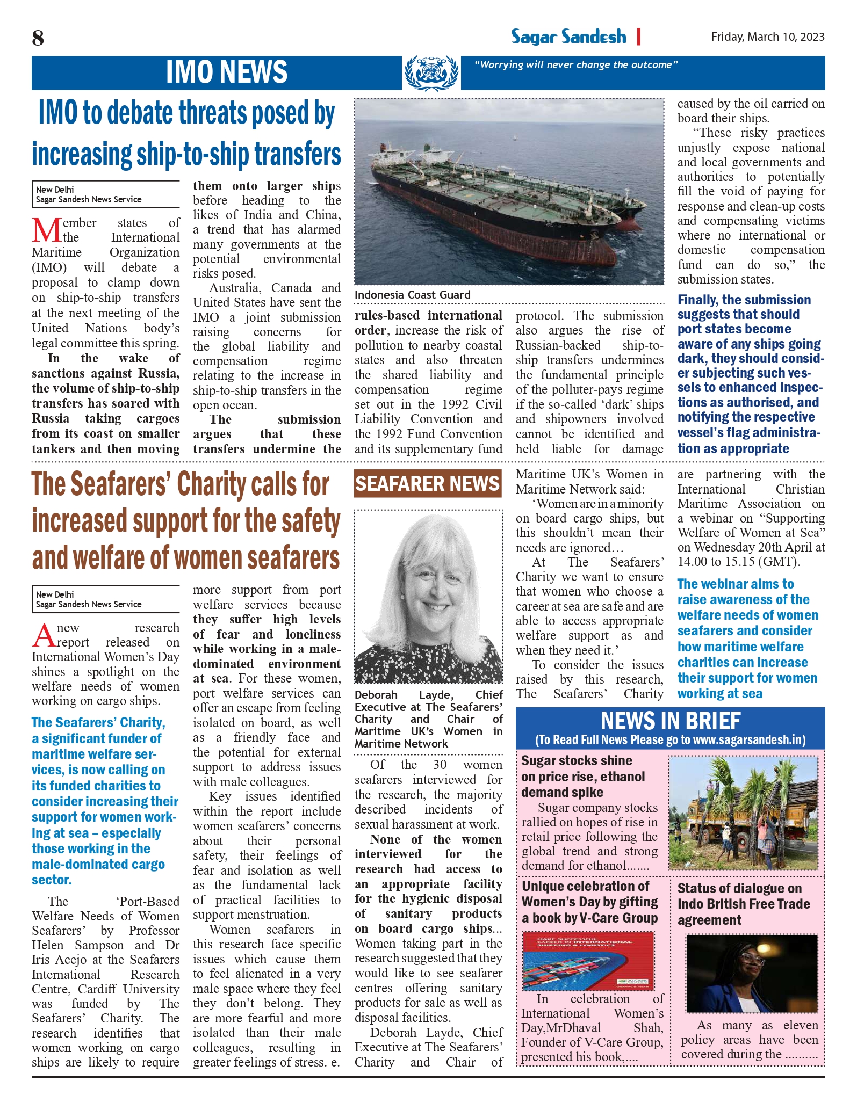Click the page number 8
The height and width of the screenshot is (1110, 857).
pyautogui.click(x=38, y=38)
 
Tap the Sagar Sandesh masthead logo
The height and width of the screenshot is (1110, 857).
pyautogui.click(x=568, y=37)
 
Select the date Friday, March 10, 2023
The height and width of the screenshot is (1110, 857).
pyautogui.click(x=767, y=37)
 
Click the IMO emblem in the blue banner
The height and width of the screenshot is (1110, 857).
pyautogui.click(x=431, y=73)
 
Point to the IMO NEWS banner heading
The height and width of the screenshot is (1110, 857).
pyautogui.click(x=226, y=72)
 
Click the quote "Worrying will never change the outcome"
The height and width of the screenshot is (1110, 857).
pyautogui.click(x=575, y=65)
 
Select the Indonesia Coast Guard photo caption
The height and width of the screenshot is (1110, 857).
pyautogui.click(x=412, y=294)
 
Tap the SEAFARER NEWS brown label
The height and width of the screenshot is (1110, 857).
pyautogui.click(x=427, y=484)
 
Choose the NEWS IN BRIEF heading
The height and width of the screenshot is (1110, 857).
pyautogui.click(x=670, y=721)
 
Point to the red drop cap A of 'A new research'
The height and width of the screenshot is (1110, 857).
pyautogui.click(x=43, y=635)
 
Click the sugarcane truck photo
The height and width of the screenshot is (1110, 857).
pyautogui.click(x=743, y=813)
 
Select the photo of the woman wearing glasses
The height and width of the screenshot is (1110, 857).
pyautogui.click(x=751, y=973)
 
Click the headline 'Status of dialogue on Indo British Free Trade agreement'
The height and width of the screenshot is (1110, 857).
pyautogui.click(x=743, y=904)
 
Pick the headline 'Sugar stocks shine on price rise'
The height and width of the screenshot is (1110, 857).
pyautogui.click(x=582, y=776)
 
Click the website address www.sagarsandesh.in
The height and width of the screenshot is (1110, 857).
pyautogui.click(x=748, y=740)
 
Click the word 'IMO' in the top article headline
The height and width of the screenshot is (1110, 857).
pyautogui.click(x=57, y=113)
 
